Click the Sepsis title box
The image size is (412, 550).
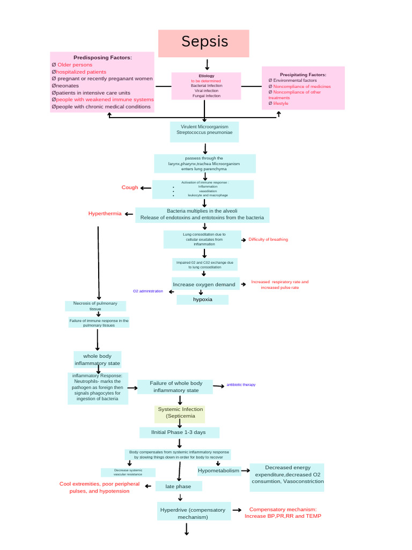click(204, 43)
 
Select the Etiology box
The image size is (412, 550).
click(206, 86)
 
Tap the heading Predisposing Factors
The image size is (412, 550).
click(102, 57)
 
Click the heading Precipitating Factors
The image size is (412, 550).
click(303, 75)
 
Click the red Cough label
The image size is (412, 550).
click(129, 187)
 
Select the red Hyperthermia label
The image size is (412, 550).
click(105, 214)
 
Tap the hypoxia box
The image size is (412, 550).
click(202, 300)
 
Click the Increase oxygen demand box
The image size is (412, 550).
click(204, 284)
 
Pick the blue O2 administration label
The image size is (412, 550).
click(148, 291)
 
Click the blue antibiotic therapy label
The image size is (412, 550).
click(241, 385)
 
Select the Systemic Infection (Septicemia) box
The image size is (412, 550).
click(180, 412)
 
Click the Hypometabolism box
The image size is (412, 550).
click(218, 471)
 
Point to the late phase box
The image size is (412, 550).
click(179, 486)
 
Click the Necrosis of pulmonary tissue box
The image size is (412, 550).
click(95, 306)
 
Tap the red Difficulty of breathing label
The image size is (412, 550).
click(268, 240)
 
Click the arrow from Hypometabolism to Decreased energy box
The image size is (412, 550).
click(245, 471)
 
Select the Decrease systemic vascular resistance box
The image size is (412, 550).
click(128, 473)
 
